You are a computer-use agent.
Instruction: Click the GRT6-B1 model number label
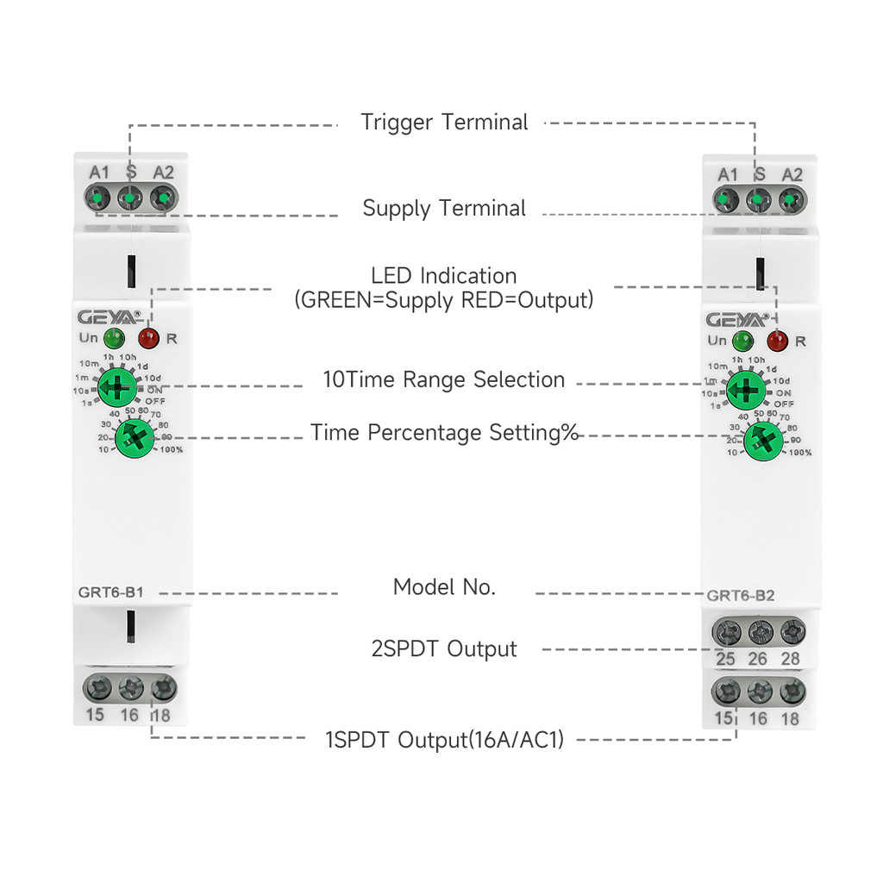(103, 592)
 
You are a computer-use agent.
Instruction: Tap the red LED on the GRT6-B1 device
(148, 338)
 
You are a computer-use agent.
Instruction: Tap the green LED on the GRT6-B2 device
(742, 341)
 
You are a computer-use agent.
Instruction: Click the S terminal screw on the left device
(129, 199)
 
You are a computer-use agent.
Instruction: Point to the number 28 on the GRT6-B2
(789, 660)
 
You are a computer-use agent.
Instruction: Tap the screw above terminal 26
(759, 634)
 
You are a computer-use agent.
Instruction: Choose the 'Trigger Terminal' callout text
(444, 122)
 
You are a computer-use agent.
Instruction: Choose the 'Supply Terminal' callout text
(444, 209)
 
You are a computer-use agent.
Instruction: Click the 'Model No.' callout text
(444, 588)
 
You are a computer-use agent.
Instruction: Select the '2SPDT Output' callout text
(444, 649)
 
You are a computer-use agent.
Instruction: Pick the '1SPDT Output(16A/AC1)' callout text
(444, 739)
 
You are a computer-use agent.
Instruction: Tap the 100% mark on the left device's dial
(171, 449)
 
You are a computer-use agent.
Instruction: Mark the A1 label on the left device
(100, 173)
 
